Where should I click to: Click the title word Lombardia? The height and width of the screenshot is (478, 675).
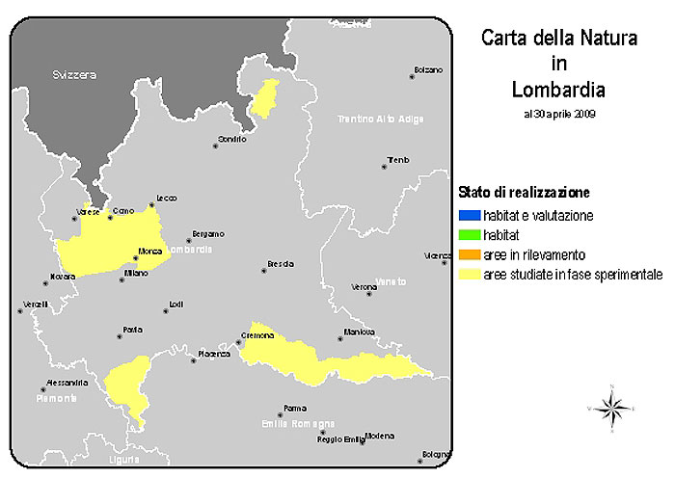559,90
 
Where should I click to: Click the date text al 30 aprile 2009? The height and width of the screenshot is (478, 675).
559,114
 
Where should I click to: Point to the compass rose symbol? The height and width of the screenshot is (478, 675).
611,409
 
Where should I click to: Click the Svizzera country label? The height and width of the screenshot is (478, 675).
74,74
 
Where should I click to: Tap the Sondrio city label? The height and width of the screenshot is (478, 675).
231,140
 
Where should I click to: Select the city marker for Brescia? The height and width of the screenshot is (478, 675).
263,270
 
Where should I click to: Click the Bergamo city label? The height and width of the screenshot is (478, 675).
208,234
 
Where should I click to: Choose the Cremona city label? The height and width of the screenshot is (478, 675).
257,335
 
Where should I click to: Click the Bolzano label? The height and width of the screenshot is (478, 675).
428,70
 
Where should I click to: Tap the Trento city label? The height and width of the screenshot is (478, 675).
398,160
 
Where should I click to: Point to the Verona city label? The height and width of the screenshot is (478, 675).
364,288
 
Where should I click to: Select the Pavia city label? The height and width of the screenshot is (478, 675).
133,330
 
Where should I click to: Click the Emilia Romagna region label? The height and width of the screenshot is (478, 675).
298,423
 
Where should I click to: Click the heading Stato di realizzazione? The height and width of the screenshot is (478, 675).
525,192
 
